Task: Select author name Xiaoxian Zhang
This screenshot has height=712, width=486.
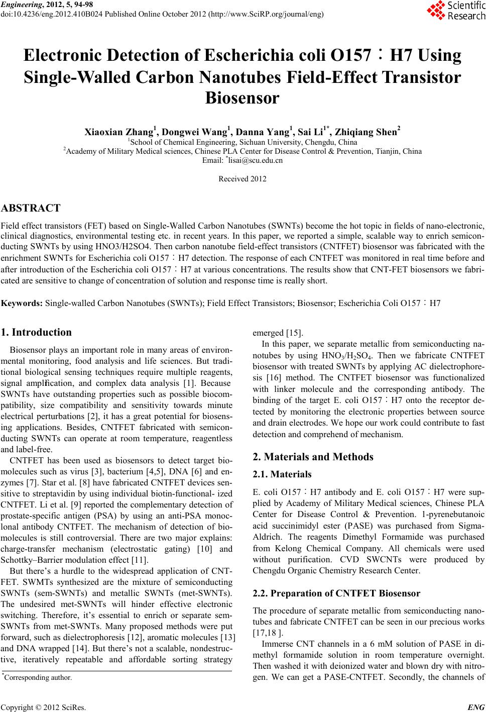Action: tap(118, 133)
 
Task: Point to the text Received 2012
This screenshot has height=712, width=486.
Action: tap(242, 179)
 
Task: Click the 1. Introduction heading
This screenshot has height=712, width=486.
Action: tap(37, 332)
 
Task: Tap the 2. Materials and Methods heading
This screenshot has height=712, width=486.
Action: tap(313, 457)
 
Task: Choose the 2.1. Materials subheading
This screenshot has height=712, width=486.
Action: tap(282, 474)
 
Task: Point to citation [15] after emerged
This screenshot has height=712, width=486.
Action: tap(294, 333)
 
